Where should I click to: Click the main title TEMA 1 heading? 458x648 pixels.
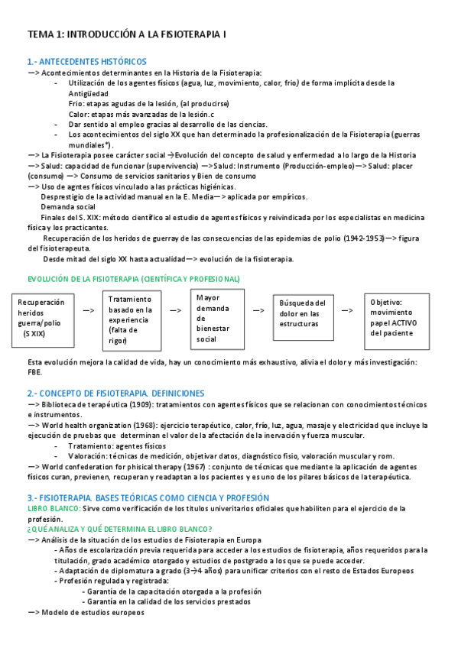pos(126,35)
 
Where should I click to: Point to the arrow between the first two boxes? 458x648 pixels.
pos(88,310)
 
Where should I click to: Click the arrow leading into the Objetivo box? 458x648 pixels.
pos(347,310)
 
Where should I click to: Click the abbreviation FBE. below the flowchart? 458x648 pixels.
pos(35,372)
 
